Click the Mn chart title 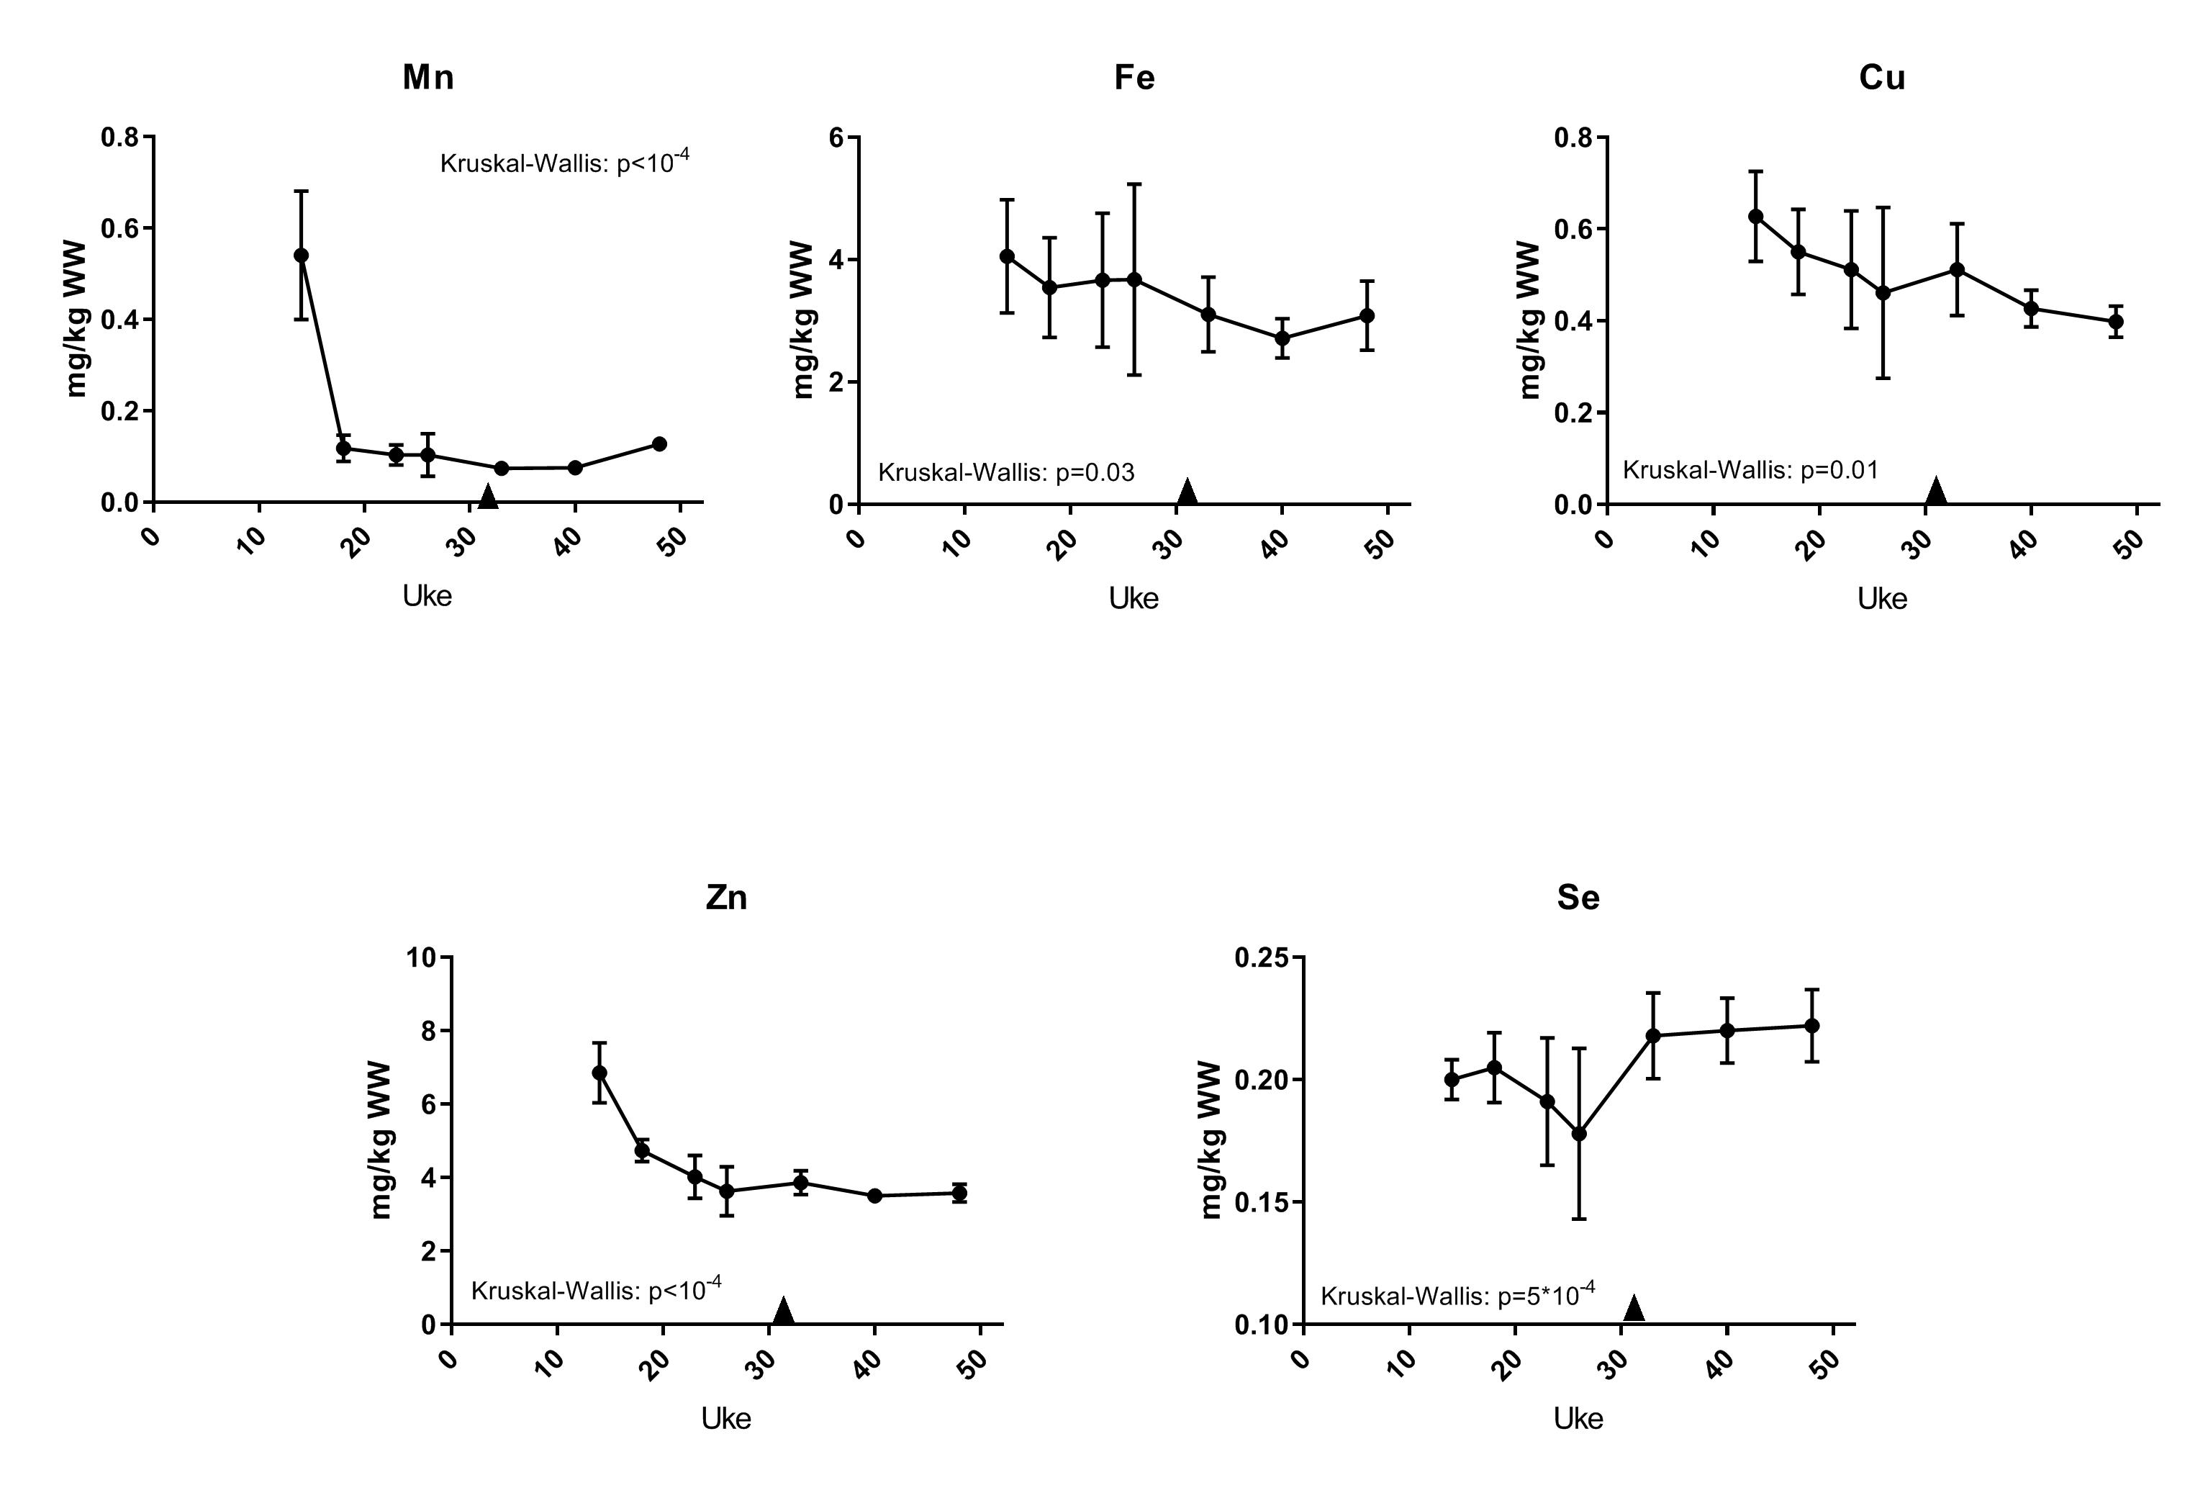coord(427,77)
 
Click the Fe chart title coord(1134,77)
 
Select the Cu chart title coord(1881,77)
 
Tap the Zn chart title coord(726,897)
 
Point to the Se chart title coord(1578,897)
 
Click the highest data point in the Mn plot coord(301,255)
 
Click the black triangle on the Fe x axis coord(1187,492)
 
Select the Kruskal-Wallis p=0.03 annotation coord(1005,472)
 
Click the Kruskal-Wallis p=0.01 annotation coord(1750,469)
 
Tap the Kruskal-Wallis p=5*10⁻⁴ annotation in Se coord(1457,1294)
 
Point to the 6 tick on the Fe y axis coord(837,137)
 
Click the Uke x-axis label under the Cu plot coord(1881,599)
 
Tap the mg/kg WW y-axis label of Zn coord(380,1140)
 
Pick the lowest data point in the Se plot coord(1579,1134)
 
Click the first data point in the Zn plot coord(599,1073)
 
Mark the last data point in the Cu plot coord(2116,321)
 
